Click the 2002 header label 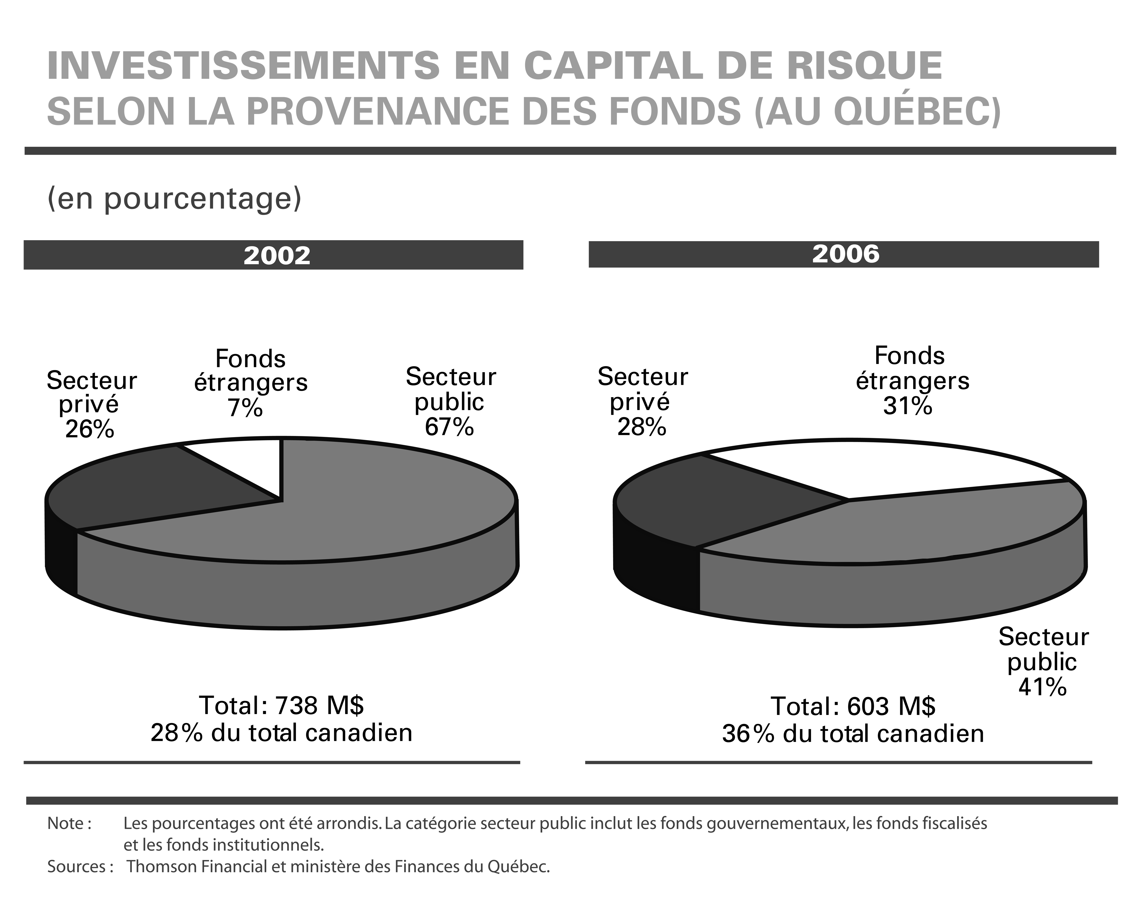pos(277,256)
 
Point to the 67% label pos(449,426)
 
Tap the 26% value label pos(90,429)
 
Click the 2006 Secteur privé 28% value pos(642,426)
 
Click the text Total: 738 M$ pos(282,706)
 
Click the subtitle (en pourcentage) pos(174,199)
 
